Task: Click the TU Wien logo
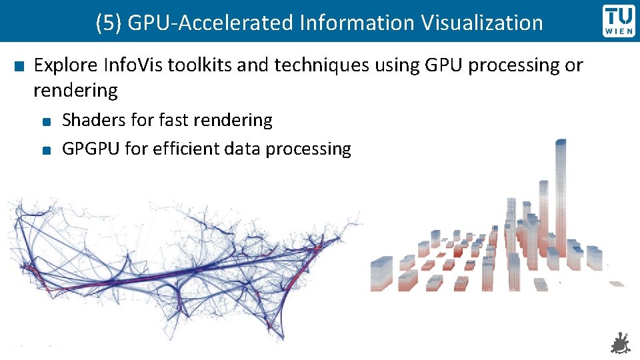pos(619,21)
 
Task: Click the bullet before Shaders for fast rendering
pos(44,122)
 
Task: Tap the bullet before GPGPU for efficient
pos(44,150)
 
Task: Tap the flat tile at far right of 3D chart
pos(616,283)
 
